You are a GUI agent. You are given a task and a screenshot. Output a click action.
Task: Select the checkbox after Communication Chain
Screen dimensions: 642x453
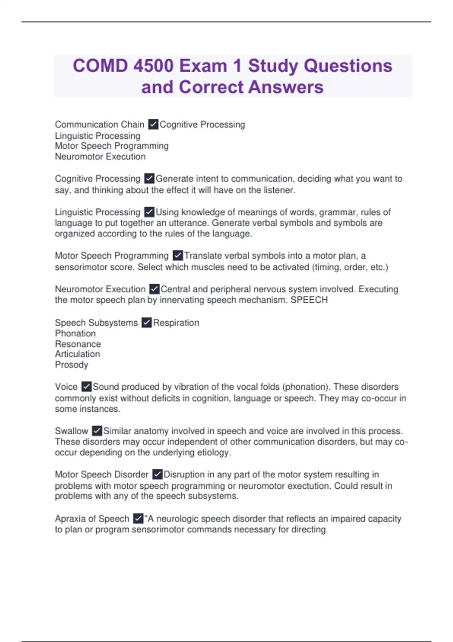pos(153,124)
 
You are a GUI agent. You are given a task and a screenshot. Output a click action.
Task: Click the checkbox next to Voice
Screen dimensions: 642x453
pos(86,387)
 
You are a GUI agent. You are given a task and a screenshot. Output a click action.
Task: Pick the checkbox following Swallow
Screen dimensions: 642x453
pos(97,431)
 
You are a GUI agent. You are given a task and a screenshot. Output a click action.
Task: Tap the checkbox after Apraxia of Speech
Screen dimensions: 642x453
pos(138,519)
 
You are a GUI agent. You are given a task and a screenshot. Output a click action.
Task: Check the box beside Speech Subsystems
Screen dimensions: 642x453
pos(146,323)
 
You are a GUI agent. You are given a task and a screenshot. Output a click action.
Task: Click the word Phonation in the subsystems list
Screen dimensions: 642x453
pos(75,333)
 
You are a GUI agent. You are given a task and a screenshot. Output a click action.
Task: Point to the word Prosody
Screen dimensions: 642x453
pos(71,365)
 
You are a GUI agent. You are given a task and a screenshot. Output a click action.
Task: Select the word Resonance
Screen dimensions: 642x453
pos(78,344)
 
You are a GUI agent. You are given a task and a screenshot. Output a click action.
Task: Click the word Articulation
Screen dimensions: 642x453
pos(77,354)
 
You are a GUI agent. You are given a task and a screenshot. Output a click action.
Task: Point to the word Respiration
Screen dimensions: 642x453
pos(176,323)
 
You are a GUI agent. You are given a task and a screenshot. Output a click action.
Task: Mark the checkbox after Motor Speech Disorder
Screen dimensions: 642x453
pos(157,474)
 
